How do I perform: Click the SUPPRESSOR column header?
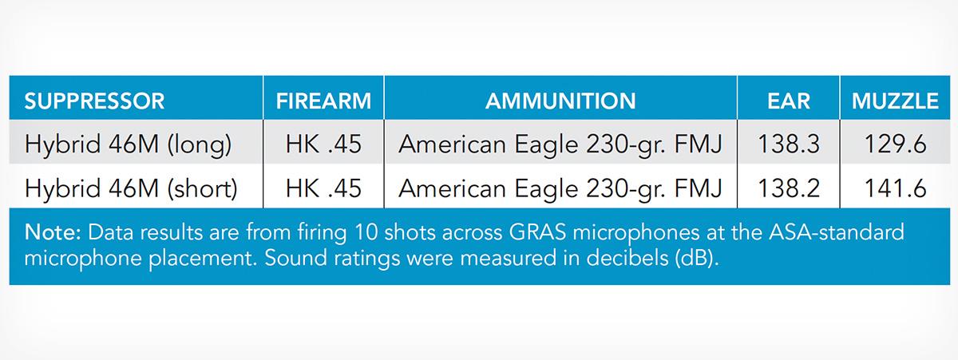coord(94,101)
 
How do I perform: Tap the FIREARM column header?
coord(323,101)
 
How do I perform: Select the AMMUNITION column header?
coord(560,101)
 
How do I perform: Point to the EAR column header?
coord(789,101)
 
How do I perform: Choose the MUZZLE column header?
coord(895,101)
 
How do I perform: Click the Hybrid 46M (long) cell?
coord(128,144)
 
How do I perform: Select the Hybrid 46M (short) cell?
coord(131,188)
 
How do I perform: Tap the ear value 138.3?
coord(789,144)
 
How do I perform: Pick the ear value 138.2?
coord(789,188)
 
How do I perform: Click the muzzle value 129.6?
coord(895,144)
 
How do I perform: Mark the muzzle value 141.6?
coord(895,188)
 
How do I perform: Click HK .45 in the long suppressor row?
coord(323,144)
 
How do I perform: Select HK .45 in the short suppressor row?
coord(323,188)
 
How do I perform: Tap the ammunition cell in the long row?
coord(560,144)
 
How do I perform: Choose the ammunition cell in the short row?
coord(560,189)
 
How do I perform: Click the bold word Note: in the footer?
coord(53,232)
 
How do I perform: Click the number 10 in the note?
coord(366,232)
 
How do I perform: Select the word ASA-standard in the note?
coord(836,232)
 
